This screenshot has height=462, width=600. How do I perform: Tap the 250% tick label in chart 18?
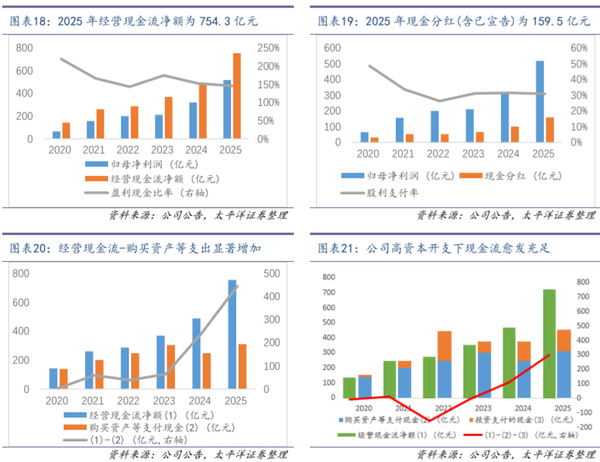tap(268, 48)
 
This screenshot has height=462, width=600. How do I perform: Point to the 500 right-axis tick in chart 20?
tap(271, 273)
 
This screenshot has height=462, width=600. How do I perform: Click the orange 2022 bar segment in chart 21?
tap(444, 346)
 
